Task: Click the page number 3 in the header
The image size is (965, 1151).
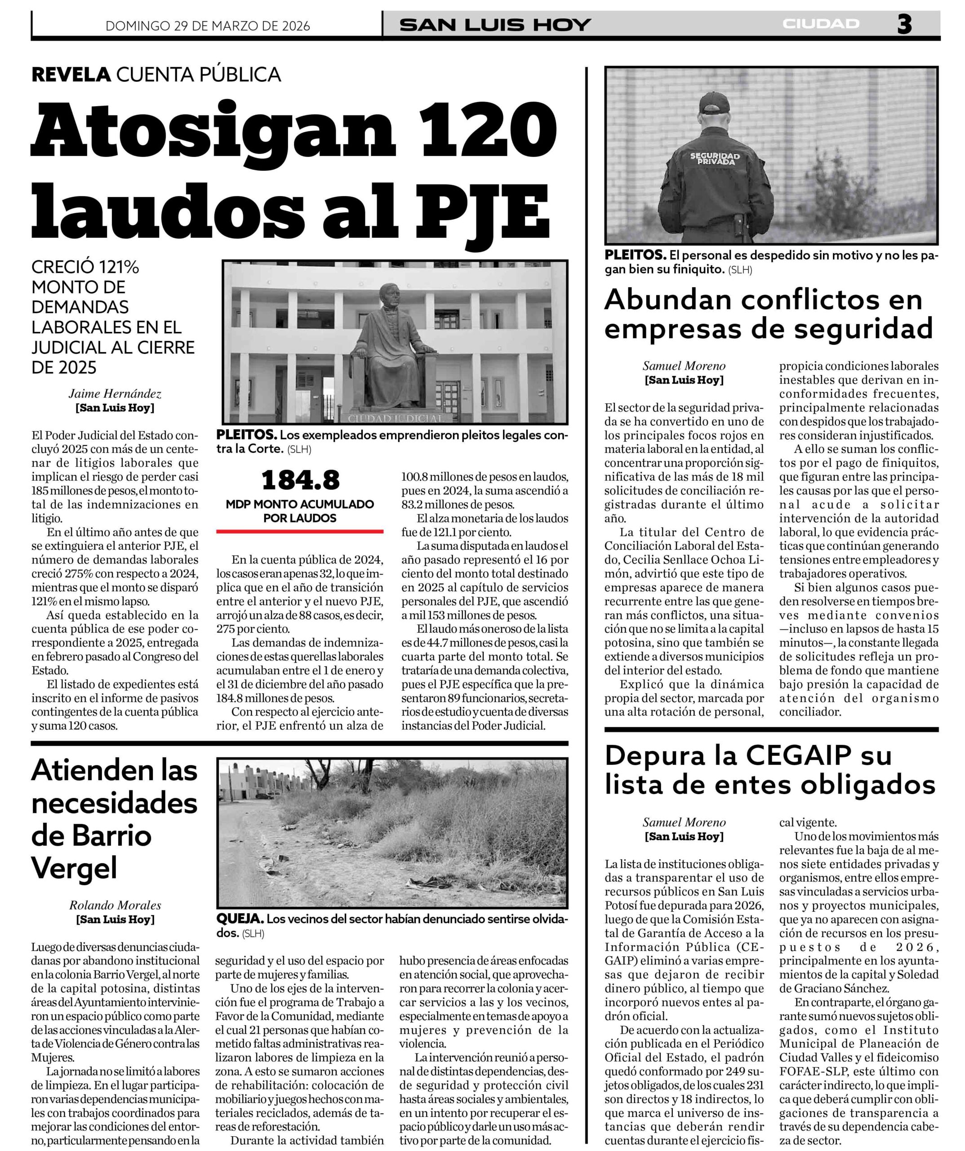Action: (x=904, y=24)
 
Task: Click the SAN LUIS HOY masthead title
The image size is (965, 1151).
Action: (x=495, y=25)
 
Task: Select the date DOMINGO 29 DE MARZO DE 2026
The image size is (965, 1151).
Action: (x=208, y=26)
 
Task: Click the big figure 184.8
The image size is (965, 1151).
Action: (x=300, y=481)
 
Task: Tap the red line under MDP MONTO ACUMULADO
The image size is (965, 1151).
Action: (x=300, y=531)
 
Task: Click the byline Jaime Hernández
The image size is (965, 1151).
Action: (x=115, y=393)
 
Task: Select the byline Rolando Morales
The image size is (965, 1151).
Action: (x=115, y=905)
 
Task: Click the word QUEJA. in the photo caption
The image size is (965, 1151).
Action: (x=240, y=919)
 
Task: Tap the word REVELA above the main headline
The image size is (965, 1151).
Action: (x=71, y=74)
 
